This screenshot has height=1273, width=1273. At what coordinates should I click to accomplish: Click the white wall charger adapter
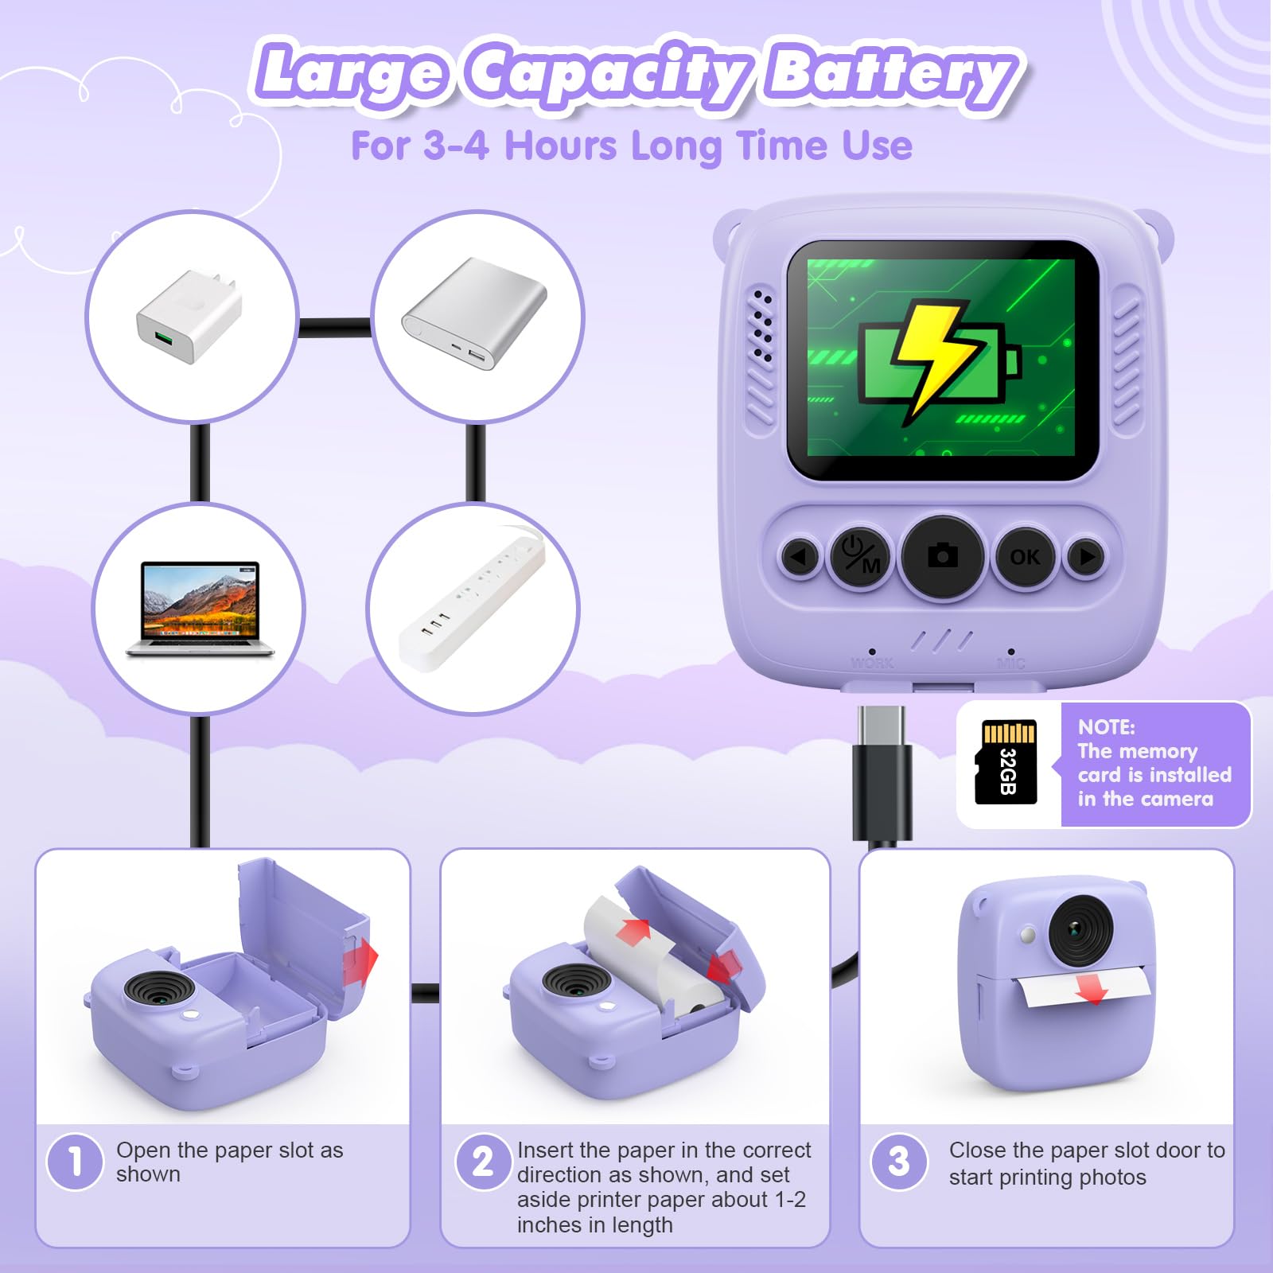(x=189, y=317)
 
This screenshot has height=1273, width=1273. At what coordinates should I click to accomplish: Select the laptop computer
(x=199, y=609)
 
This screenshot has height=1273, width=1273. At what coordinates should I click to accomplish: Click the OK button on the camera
(x=1025, y=557)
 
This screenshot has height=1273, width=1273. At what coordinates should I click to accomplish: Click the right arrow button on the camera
(x=1087, y=556)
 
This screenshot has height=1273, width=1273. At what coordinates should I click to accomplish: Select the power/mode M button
(x=861, y=556)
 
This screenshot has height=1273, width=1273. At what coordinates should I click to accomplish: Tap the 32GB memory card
(x=1006, y=762)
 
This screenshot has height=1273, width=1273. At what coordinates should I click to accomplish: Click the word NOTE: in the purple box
(x=1106, y=726)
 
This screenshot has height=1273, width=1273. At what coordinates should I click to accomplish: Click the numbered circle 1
(x=75, y=1162)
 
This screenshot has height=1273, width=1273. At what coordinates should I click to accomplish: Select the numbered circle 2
(x=483, y=1162)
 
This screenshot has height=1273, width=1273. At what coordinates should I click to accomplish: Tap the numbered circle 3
(x=899, y=1162)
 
